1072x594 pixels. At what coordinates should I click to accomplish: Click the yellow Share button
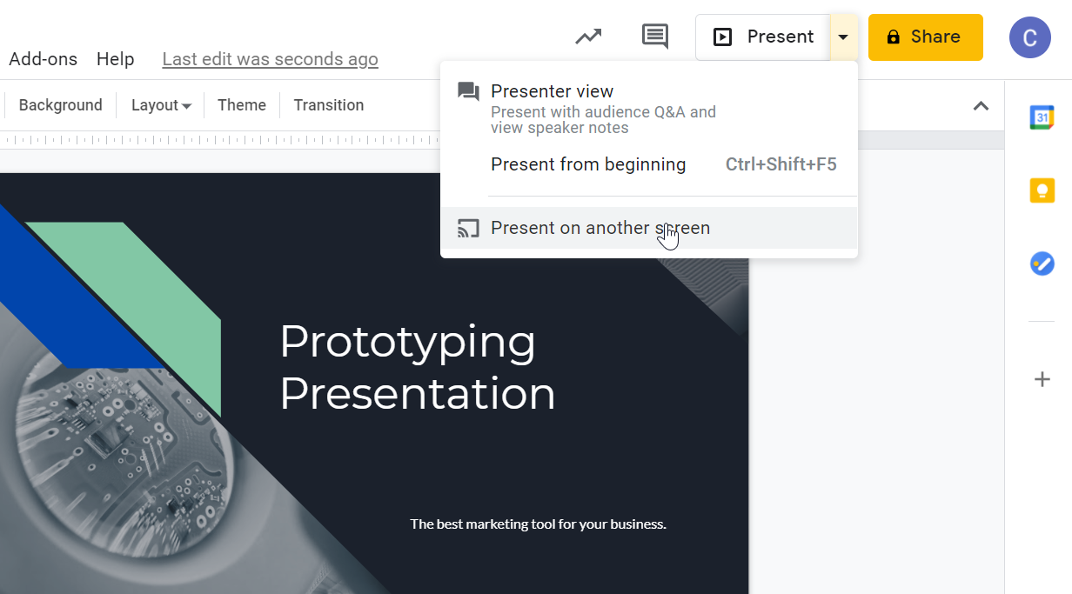[x=925, y=37]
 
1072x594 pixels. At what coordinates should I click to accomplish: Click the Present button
[x=763, y=37]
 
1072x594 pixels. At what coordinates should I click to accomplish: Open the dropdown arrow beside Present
[x=843, y=37]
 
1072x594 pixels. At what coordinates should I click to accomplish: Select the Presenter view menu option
[x=552, y=91]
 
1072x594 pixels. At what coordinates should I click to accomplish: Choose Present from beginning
[x=588, y=164]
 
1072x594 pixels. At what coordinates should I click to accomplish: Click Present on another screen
[x=600, y=228]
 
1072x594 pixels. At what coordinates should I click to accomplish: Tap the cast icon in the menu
[x=468, y=229]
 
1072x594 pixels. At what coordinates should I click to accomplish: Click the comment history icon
[x=654, y=37]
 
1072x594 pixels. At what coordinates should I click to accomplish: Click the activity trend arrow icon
[x=588, y=37]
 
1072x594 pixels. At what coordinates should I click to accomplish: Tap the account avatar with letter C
[x=1029, y=37]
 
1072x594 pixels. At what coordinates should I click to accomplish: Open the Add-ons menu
[x=43, y=59]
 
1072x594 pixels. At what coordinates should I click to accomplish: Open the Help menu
[x=115, y=59]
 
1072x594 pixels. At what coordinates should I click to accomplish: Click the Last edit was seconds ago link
[x=270, y=59]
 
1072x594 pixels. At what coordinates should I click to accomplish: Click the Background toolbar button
[x=60, y=105]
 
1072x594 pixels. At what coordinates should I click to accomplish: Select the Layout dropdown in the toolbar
[x=161, y=105]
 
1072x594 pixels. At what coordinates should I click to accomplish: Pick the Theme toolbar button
[x=241, y=105]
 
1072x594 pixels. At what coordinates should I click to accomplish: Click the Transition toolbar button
[x=328, y=105]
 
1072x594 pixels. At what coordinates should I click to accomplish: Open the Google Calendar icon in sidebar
[x=1042, y=117]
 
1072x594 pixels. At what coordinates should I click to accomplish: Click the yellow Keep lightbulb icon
[x=1042, y=190]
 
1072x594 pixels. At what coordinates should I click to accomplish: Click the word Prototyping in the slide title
[x=407, y=341]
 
